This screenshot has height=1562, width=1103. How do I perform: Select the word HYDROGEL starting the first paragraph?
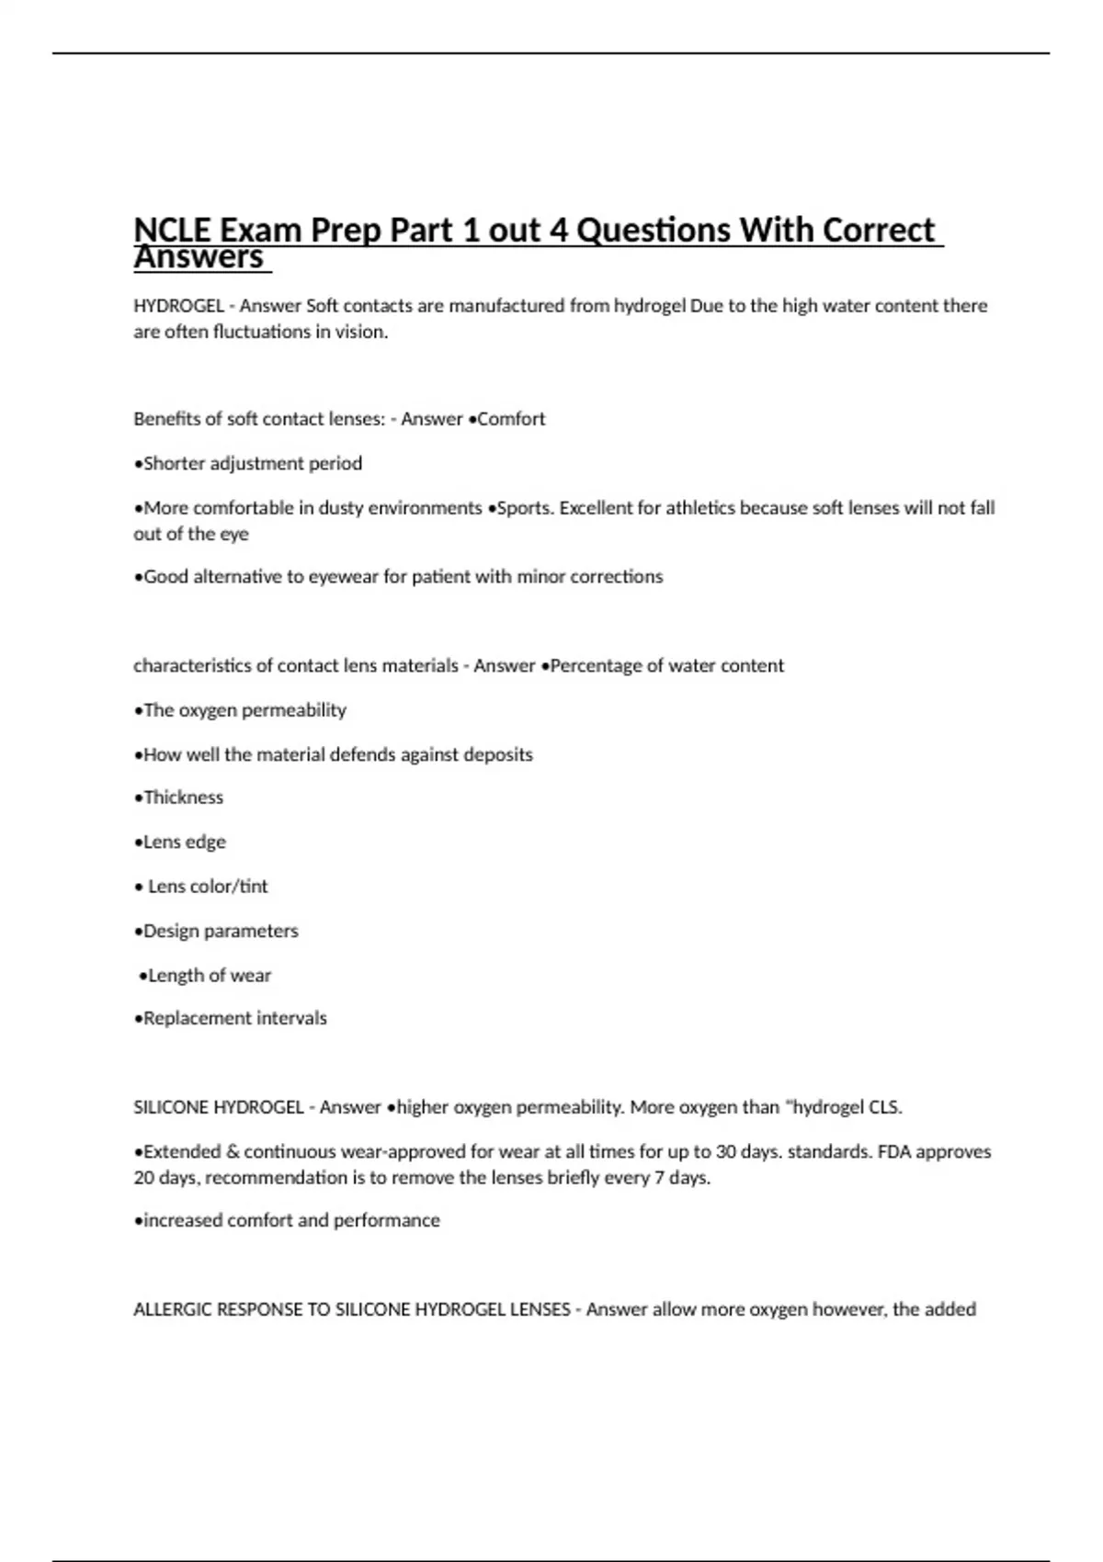(x=178, y=306)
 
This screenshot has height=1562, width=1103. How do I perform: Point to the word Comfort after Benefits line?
(x=511, y=419)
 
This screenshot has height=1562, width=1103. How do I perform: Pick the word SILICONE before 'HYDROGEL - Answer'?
(x=171, y=1108)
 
